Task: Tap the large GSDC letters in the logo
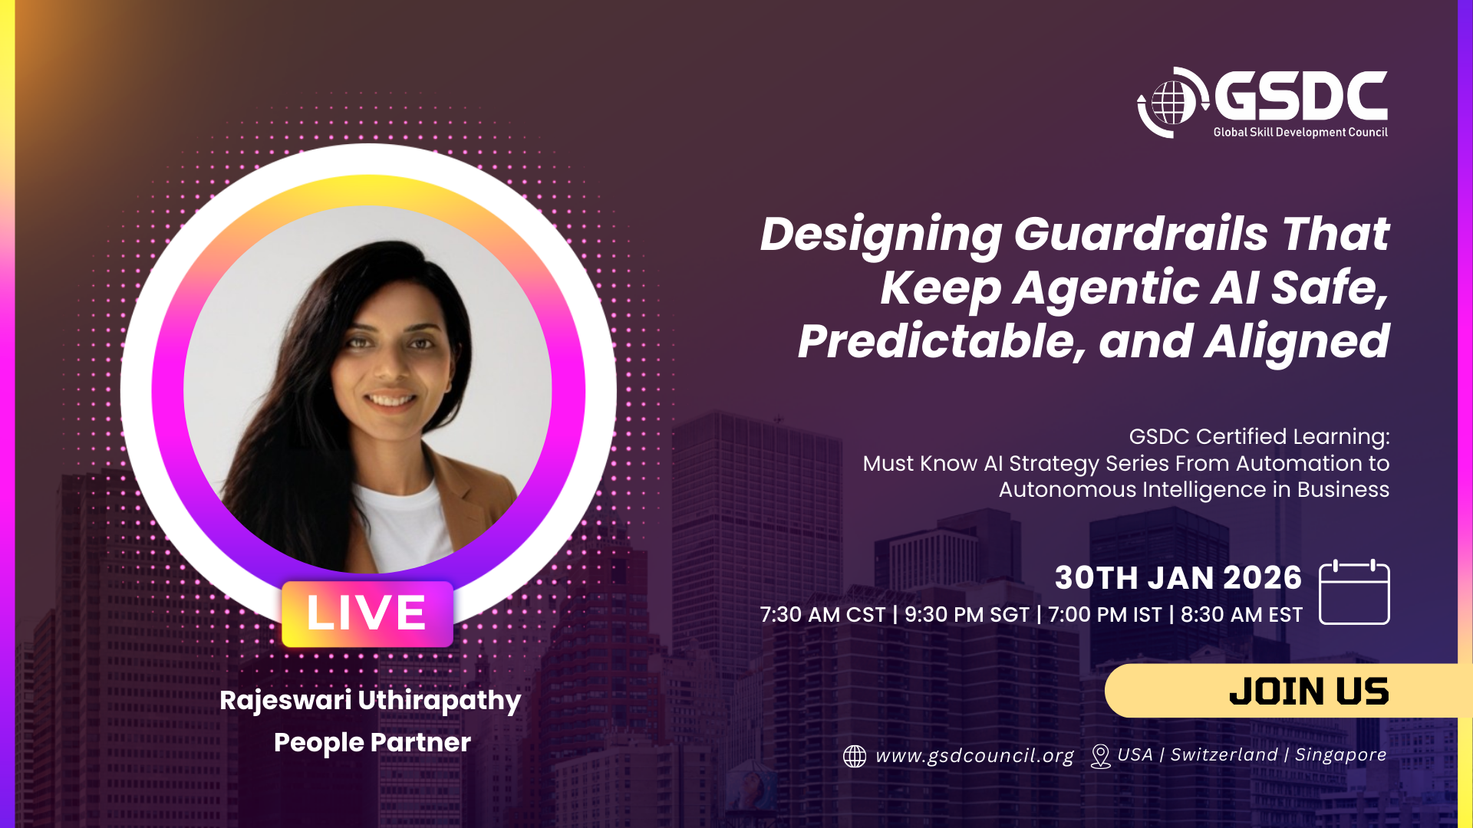1301,96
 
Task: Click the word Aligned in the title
1297,342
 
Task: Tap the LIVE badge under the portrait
367,613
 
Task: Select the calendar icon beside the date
1354,592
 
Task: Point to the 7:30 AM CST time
822,615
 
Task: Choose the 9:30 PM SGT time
967,615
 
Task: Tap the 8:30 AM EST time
1241,615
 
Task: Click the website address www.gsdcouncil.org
974,756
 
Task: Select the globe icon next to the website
855,757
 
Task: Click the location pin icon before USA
1100,756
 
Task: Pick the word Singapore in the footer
1341,755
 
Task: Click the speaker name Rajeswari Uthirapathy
371,701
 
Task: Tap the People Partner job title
372,742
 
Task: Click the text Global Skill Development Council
1300,132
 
